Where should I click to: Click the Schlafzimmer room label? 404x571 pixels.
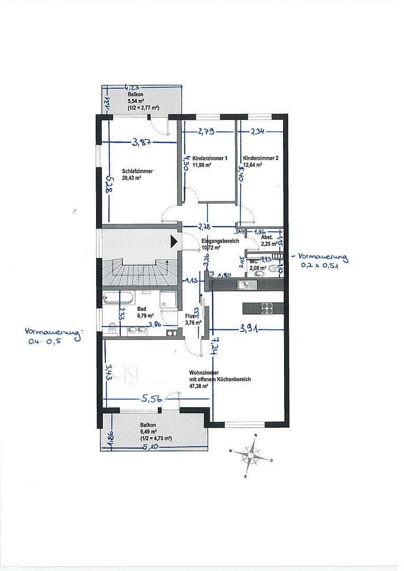click(x=137, y=174)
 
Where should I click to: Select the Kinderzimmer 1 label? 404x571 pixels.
click(x=210, y=161)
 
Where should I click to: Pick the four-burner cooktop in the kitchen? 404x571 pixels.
click(x=266, y=307)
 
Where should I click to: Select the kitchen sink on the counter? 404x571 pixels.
click(x=247, y=285)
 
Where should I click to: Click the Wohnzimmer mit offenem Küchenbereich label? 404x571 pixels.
click(x=220, y=379)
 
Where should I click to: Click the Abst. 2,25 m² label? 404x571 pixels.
click(x=269, y=241)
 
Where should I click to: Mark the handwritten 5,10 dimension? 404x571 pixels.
click(x=152, y=447)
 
